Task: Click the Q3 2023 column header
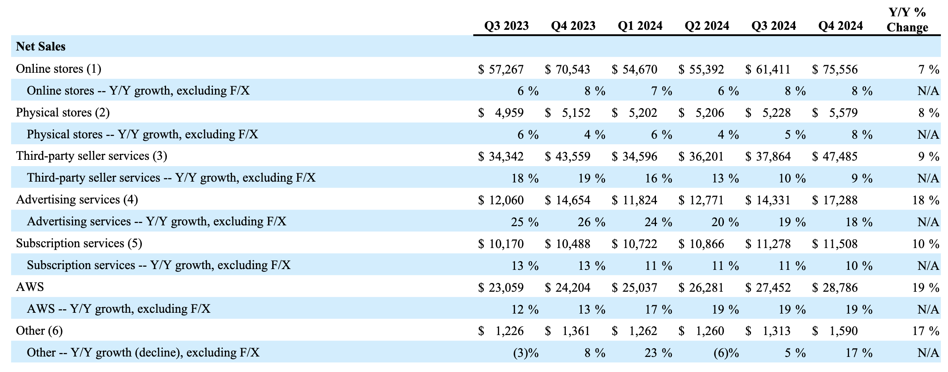506,26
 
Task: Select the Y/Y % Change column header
907,20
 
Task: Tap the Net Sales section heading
41,47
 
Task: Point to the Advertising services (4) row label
77,200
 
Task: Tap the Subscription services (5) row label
79,243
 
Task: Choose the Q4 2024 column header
840,26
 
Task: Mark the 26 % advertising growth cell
591,222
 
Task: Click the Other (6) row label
39,331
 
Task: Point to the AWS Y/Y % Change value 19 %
925,288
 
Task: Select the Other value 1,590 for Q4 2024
843,331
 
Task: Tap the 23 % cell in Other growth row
658,353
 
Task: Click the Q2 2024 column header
707,26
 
